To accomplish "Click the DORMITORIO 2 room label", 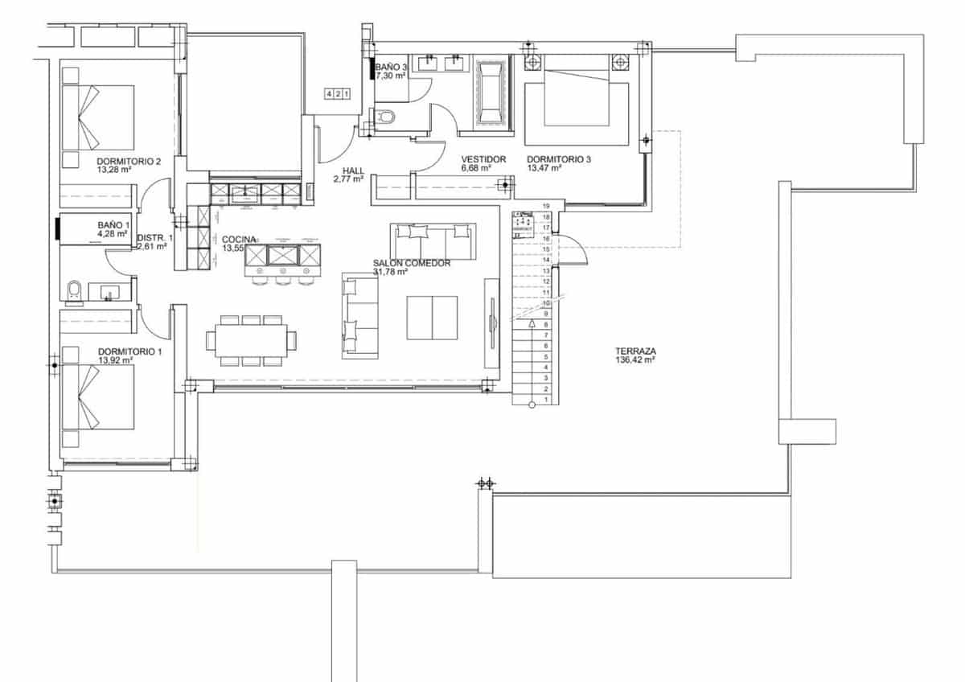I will click(x=129, y=161).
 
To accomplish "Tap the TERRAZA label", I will click(x=635, y=351).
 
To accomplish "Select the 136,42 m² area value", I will click(x=635, y=361).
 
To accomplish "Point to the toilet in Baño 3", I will click(x=387, y=117).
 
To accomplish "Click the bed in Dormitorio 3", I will click(x=576, y=101).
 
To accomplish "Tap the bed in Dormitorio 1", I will click(x=98, y=398).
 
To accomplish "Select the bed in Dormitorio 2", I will click(x=98, y=117).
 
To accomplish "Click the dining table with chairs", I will click(x=251, y=340).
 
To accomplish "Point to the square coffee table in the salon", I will click(x=432, y=318).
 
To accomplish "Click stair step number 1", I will click(x=547, y=400).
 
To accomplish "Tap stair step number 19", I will click(x=546, y=207).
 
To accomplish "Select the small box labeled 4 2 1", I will click(x=338, y=94).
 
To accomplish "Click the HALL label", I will click(x=353, y=170).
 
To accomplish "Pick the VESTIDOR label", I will click(x=483, y=159).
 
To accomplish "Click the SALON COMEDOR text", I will click(x=411, y=263).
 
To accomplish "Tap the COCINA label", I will click(x=240, y=239).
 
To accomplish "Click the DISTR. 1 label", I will click(x=154, y=238).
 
